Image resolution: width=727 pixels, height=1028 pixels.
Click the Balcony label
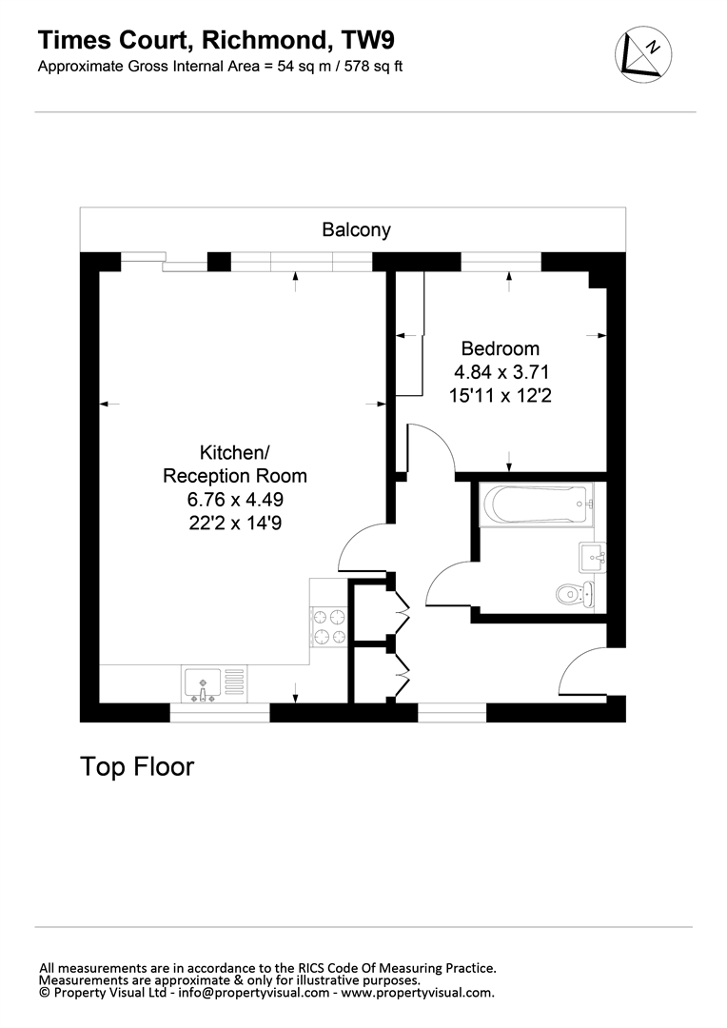coord(356,229)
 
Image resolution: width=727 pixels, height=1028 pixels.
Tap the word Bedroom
coord(501,348)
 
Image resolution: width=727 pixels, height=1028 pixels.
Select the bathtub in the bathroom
coord(537,504)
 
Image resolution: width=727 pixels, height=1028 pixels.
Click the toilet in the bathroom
coord(575,595)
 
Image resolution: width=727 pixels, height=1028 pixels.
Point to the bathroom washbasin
coord(592,557)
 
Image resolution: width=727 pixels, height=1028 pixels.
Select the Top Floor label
coord(137,766)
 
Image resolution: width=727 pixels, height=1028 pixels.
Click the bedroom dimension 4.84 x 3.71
coord(501,372)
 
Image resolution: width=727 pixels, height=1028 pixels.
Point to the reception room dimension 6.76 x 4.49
coord(235,500)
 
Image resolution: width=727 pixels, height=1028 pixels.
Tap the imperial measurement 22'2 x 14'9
coord(235,524)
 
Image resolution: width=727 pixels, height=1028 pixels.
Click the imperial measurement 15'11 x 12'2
coord(501,395)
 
